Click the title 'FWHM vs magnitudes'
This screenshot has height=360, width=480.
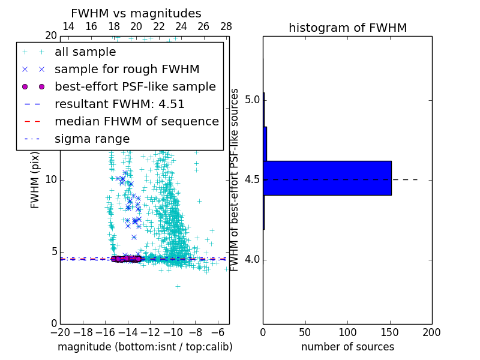[x=136, y=13]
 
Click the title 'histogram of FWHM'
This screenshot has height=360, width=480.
[x=347, y=28]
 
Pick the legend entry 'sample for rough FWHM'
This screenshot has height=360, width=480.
[x=127, y=70]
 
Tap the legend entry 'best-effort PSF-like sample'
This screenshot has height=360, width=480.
[x=135, y=87]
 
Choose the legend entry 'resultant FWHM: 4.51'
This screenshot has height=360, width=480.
[x=119, y=104]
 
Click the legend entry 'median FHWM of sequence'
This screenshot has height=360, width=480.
[x=136, y=122]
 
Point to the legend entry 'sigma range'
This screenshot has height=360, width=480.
[x=92, y=139]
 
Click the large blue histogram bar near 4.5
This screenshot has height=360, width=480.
[x=327, y=178]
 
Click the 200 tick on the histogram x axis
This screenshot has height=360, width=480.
[x=431, y=332]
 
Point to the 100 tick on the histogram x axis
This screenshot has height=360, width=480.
[x=347, y=332]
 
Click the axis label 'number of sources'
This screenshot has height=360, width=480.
[x=347, y=347]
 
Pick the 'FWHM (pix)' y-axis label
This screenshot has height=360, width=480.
[x=35, y=179]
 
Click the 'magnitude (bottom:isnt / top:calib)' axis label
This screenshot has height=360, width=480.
[x=145, y=347]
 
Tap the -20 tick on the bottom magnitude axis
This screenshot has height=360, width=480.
[x=60, y=332]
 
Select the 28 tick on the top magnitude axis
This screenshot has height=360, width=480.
[x=226, y=27]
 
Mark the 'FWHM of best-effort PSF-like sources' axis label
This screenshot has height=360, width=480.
[x=235, y=179]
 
